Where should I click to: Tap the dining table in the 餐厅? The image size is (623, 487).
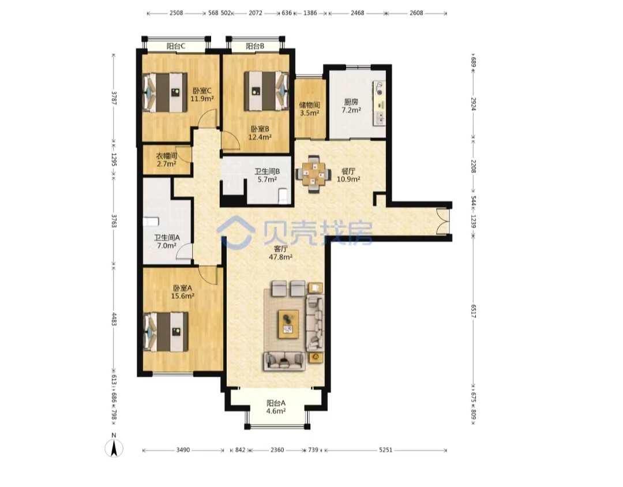[x=313, y=174]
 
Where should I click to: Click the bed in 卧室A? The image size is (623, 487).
[x=166, y=332]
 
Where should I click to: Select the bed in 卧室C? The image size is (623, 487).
[x=166, y=92]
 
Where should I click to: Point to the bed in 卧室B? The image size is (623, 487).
[x=266, y=91]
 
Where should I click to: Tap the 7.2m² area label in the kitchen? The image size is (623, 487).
[x=352, y=110]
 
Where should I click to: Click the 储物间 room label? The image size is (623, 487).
[x=310, y=105]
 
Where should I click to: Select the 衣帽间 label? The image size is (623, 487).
[x=166, y=155]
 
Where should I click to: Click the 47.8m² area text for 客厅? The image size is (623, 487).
[x=280, y=257]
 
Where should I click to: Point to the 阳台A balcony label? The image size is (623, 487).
[x=276, y=403]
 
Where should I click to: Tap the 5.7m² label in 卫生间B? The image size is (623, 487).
[x=267, y=179]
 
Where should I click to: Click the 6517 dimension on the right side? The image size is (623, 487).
[x=473, y=311]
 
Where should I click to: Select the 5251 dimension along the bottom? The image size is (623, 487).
[x=385, y=450]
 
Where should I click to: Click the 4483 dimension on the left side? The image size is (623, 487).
[x=114, y=319]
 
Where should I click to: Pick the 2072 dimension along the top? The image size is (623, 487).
[x=256, y=13]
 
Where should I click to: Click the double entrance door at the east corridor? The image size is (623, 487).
[x=442, y=221]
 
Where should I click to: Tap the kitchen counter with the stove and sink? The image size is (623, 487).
[x=379, y=103]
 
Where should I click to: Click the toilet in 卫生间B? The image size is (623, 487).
[x=284, y=196]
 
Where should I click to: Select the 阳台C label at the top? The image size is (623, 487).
[x=175, y=46]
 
